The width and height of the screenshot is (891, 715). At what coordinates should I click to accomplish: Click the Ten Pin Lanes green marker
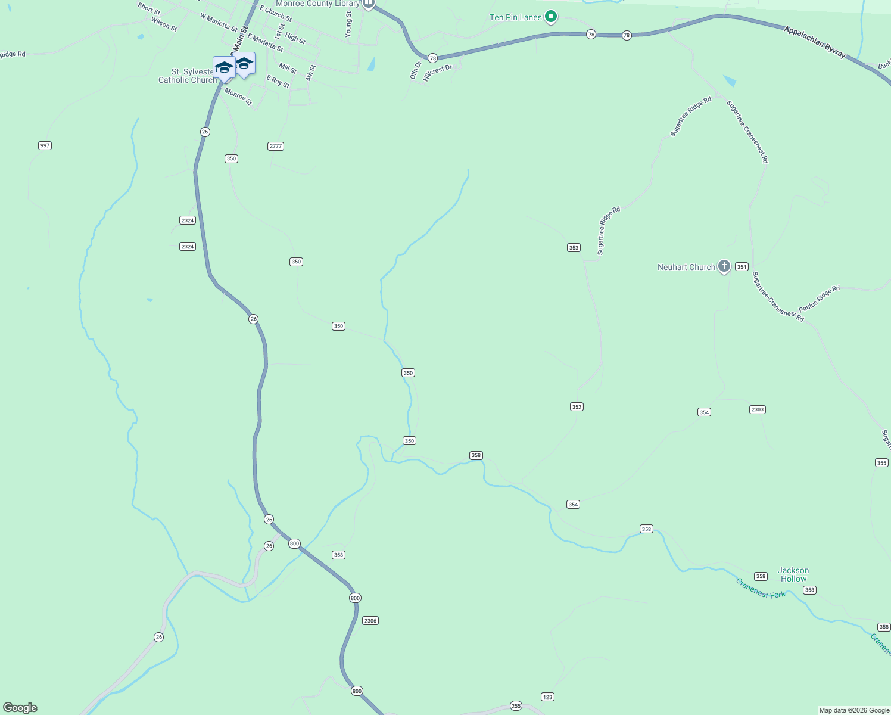[x=551, y=17]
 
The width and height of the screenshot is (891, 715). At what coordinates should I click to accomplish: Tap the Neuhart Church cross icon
[x=724, y=266]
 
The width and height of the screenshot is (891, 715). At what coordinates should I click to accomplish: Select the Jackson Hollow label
[x=793, y=574]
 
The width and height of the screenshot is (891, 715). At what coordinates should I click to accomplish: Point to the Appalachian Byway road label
[x=814, y=42]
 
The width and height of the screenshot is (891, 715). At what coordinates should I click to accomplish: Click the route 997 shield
[x=45, y=145]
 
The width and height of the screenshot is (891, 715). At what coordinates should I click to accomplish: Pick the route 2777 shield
[x=276, y=146]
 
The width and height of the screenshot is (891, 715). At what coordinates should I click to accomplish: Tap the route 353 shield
[x=574, y=247]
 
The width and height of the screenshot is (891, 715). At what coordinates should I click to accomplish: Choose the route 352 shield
[x=576, y=407]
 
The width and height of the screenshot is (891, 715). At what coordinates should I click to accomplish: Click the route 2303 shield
[x=757, y=409]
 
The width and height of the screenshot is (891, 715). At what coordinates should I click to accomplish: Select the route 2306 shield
[x=370, y=621]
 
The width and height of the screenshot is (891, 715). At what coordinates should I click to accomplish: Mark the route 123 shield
[x=547, y=697]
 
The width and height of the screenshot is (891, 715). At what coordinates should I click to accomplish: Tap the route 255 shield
[x=516, y=706]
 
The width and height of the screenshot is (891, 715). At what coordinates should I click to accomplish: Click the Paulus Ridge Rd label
[x=819, y=299]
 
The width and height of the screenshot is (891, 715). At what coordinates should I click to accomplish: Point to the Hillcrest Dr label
[x=437, y=73]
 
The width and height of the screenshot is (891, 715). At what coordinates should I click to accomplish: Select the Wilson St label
[x=164, y=24]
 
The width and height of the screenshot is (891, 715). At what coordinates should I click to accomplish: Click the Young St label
[x=349, y=24]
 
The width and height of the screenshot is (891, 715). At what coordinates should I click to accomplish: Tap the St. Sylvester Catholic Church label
[x=187, y=76]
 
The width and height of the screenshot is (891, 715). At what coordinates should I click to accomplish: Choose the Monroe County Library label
[x=317, y=4]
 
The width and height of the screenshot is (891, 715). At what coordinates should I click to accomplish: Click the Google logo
[x=20, y=708]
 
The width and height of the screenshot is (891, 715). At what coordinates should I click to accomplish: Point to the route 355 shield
[x=881, y=463]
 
